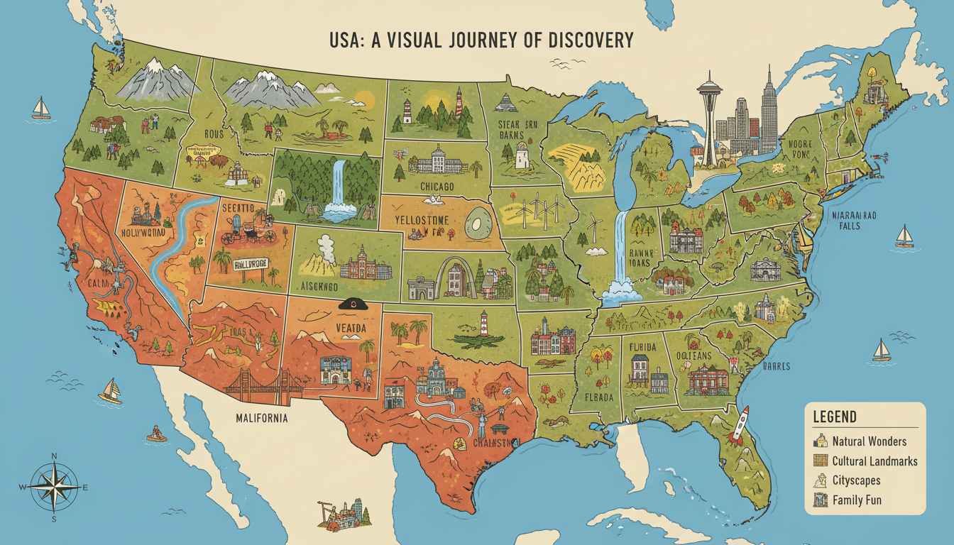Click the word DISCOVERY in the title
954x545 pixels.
[x=591, y=40]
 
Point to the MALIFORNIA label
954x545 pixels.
[x=262, y=418]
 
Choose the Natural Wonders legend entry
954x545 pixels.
[x=868, y=441]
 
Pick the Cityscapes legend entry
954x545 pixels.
[x=859, y=480]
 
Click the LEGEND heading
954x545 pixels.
[x=835, y=417]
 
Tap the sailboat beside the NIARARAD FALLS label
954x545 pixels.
[x=904, y=236]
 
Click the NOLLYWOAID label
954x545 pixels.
[x=147, y=231]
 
